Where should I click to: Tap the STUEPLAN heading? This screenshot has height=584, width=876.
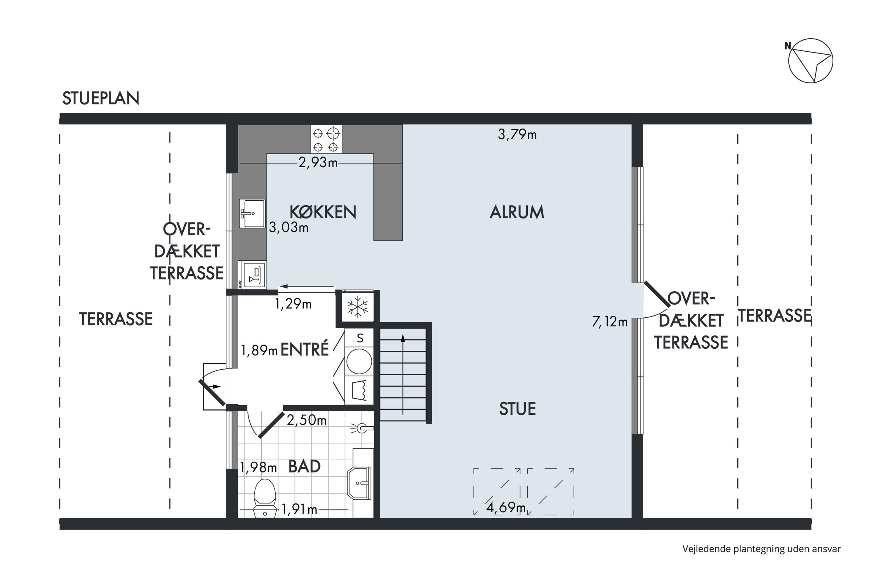100,98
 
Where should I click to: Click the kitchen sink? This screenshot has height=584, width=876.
252,213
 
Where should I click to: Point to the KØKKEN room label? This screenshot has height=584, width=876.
323,212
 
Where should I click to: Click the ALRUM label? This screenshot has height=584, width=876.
517,212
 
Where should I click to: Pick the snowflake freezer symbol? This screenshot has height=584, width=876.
357,307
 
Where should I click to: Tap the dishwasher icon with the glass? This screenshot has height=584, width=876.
254,275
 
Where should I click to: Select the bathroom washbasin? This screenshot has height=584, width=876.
360,483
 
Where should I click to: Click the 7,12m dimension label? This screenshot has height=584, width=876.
610,321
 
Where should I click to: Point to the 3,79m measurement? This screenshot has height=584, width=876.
517,134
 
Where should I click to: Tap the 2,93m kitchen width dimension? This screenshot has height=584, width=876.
318,162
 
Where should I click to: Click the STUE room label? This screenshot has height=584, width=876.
517,409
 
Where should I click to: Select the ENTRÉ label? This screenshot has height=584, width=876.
304,349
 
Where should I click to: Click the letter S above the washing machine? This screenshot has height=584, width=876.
360,338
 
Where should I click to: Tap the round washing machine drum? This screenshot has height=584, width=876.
359,361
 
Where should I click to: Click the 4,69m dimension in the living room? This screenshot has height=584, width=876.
506,507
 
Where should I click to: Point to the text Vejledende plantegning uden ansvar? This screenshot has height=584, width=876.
762,549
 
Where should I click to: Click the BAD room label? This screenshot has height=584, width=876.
304,466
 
